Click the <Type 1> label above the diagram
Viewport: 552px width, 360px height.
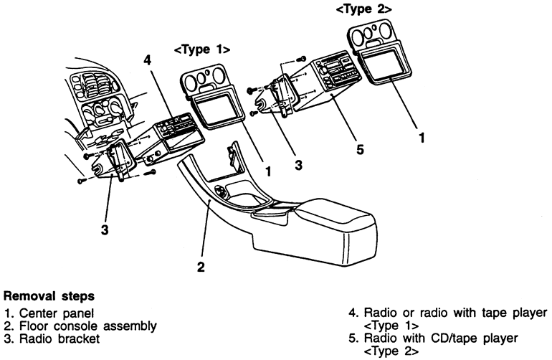point(202,49)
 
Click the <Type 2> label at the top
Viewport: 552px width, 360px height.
point(363,9)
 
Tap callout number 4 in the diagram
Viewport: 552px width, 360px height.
point(148,60)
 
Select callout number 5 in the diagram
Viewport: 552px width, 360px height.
point(359,149)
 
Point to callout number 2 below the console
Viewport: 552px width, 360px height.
point(201,267)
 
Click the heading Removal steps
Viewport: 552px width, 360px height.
point(49,296)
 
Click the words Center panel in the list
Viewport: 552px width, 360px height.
point(57,313)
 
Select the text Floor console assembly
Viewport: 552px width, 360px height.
point(88,326)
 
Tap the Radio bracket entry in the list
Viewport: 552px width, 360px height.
point(60,338)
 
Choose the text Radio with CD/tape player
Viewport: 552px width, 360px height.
point(441,338)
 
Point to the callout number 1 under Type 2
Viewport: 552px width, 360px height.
point(422,138)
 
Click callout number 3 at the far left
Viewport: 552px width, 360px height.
point(105,230)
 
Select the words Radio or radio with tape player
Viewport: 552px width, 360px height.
point(455,313)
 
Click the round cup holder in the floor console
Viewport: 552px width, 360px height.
point(221,192)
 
